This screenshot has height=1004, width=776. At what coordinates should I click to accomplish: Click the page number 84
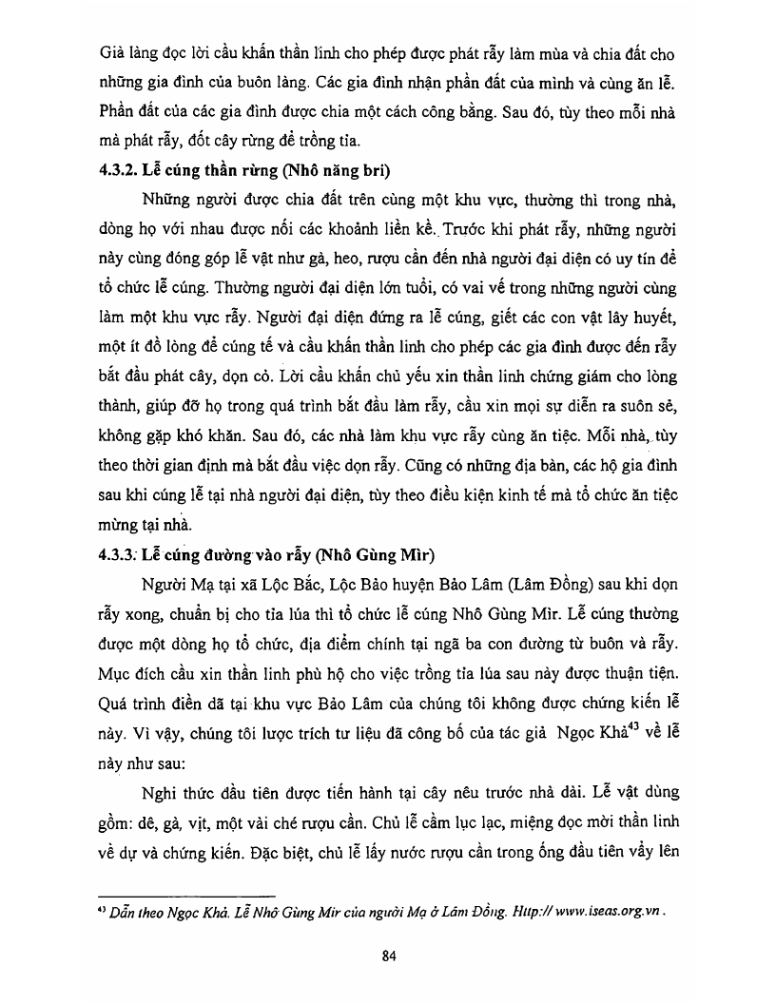[388, 956]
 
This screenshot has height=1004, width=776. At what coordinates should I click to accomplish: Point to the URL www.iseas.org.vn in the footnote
[601, 909]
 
